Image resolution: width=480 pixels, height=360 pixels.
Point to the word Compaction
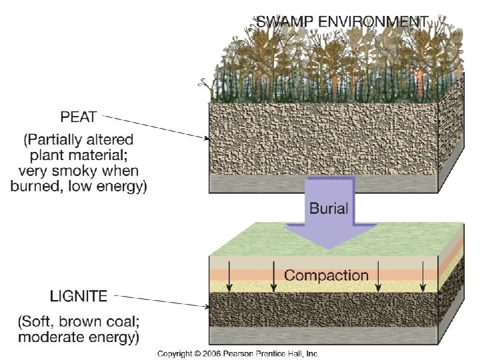click(x=326, y=275)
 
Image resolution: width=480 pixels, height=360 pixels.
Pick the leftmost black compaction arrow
click(x=229, y=278)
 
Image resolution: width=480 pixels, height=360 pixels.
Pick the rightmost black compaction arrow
click(x=423, y=278)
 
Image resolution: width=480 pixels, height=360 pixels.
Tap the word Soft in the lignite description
click(x=42, y=323)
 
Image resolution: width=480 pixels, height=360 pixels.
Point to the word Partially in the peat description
click(x=61, y=141)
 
